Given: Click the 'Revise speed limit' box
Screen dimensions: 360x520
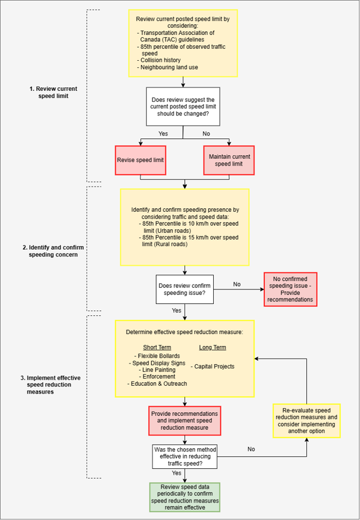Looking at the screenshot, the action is pos(140,160).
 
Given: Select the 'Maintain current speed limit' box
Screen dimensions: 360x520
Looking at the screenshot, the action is pos(229,160).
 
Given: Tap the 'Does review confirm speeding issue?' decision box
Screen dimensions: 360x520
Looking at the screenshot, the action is pos(185,289).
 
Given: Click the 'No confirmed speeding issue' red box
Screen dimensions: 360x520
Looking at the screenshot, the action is pos(291,289).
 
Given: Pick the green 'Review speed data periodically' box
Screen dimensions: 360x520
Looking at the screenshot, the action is pos(185,497).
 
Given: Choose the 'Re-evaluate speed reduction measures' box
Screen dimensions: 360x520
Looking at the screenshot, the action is pos(306,421).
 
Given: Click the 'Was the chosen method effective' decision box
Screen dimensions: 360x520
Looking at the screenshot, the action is pos(185,456).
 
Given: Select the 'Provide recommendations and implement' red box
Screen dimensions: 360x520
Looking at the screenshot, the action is pos(185,421).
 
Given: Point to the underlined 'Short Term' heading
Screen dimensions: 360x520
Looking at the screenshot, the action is pos(157,347).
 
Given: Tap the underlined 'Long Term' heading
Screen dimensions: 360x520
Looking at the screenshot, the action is pos(213,347).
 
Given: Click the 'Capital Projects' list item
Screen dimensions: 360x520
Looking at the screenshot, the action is pos(213,367).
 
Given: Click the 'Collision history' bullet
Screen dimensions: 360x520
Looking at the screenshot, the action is pos(158,60).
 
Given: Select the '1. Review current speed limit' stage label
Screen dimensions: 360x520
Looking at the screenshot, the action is pos(53,92).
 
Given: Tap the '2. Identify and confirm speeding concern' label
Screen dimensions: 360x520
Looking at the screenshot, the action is pos(53,251).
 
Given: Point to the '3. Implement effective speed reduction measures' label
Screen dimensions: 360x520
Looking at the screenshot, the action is pos(50,385).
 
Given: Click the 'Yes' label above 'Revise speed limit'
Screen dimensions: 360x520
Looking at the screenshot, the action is pos(163,134).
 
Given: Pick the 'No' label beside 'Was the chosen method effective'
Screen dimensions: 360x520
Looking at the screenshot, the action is pos(251,449).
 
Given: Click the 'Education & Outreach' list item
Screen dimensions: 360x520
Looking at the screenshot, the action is pos(157,384).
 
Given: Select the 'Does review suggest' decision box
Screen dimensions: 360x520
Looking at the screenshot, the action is pos(183,107).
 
